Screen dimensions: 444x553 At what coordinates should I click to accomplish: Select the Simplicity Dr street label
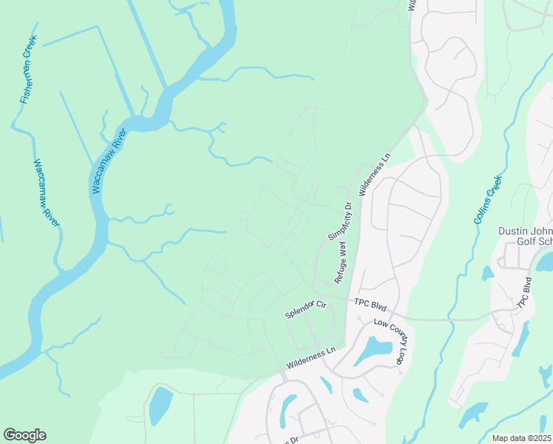(339, 220)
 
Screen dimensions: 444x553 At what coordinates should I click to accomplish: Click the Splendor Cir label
(306, 310)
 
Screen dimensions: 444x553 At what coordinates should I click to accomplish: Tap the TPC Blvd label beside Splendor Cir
(370, 303)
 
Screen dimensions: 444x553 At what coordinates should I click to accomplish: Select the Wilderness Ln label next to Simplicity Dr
(374, 175)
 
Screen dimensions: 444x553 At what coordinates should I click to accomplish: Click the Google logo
(24, 435)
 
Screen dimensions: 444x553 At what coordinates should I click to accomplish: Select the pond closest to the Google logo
(160, 406)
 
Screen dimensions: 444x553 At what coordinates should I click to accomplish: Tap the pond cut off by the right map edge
(546, 261)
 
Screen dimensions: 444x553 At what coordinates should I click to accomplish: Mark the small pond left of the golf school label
(487, 273)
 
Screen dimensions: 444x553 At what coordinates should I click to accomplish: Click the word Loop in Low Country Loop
(400, 356)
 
